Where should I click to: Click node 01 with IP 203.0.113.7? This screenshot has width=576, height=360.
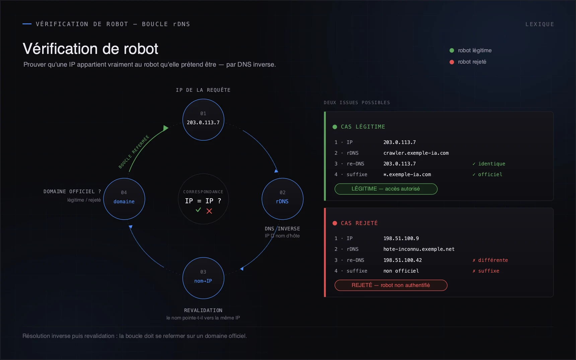coord(203,120)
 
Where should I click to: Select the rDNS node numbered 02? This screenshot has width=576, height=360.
coord(282,199)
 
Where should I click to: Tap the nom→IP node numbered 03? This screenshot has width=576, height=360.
coord(203,278)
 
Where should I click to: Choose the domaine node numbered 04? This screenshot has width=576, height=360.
coord(124,199)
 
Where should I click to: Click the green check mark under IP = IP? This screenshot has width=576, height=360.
coord(198,210)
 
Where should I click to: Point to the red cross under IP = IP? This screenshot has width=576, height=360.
coord(209,211)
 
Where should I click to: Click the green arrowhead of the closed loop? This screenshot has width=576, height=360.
coord(165,128)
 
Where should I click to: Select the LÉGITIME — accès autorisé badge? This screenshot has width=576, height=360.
coord(386,189)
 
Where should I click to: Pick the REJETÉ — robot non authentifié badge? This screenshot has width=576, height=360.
coord(391,285)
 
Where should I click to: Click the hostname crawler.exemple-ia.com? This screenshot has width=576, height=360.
coord(416,153)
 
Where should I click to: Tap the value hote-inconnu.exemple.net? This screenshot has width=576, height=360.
coord(419,249)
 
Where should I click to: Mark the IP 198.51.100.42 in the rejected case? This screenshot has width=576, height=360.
coord(403,260)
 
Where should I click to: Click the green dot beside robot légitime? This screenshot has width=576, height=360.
coord(452,51)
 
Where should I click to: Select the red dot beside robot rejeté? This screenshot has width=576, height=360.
coord(452,62)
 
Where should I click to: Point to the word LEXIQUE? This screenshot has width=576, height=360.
coord(539,24)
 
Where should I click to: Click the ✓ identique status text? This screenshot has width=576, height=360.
coord(489,164)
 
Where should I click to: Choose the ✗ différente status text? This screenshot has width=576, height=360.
coord(490,260)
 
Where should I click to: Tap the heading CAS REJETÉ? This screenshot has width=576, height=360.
coord(359,223)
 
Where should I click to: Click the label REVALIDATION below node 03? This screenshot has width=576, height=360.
coord(203,310)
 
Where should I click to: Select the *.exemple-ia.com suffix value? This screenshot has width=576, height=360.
coord(407,174)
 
